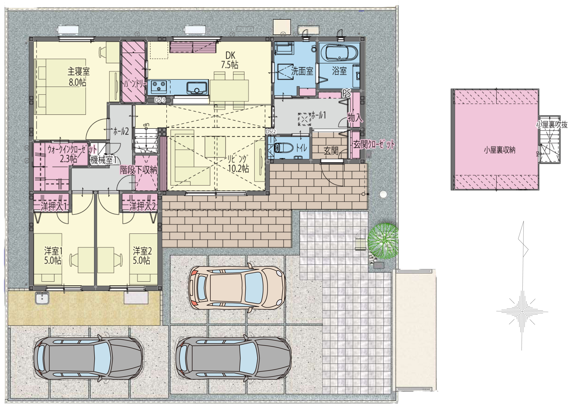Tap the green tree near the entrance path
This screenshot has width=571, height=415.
(383, 241)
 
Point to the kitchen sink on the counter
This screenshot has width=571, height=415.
(197, 88)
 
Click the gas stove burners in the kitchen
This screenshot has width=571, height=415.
(159, 86)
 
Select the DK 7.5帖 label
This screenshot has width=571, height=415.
(230, 60)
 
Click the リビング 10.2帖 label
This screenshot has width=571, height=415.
(238, 163)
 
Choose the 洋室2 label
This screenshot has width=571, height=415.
(142, 251)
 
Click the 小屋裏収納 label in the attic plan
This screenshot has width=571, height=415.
(500, 150)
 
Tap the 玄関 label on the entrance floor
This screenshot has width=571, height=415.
(331, 151)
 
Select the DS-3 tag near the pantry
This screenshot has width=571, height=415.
(160, 100)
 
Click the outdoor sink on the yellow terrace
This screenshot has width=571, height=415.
(42, 298)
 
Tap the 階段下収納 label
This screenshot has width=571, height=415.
(139, 170)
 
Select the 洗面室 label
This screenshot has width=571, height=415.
(302, 71)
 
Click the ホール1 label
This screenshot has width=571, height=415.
(319, 115)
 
